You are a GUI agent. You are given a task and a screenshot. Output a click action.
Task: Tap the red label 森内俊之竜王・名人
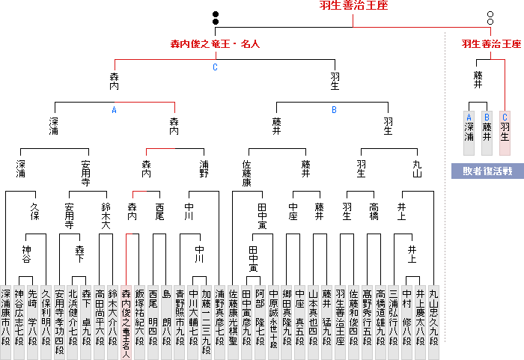(216, 44)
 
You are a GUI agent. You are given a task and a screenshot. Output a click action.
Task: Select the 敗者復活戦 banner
(487, 171)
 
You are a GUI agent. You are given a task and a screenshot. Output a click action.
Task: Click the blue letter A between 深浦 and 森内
(115, 110)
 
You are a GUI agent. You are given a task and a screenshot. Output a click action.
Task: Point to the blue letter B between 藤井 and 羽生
(335, 110)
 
